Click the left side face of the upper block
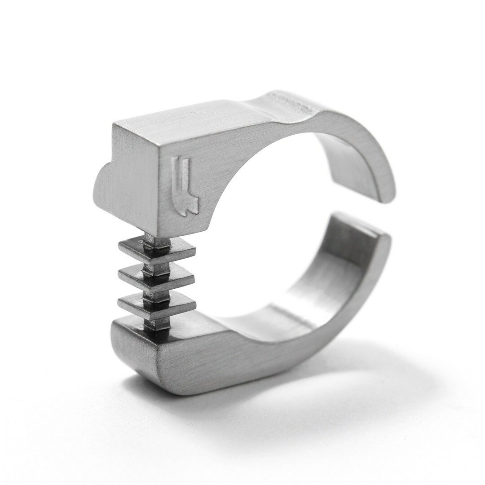pyautogui.click(x=130, y=180)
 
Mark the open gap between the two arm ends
pyautogui.click(x=359, y=209)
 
